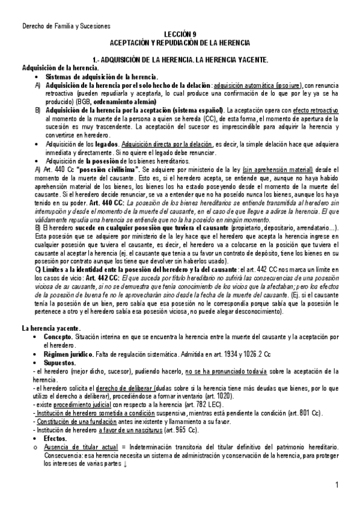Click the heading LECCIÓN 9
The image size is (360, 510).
pyautogui.click(x=180, y=35)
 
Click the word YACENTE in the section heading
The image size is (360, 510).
pyautogui.click(x=250, y=60)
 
